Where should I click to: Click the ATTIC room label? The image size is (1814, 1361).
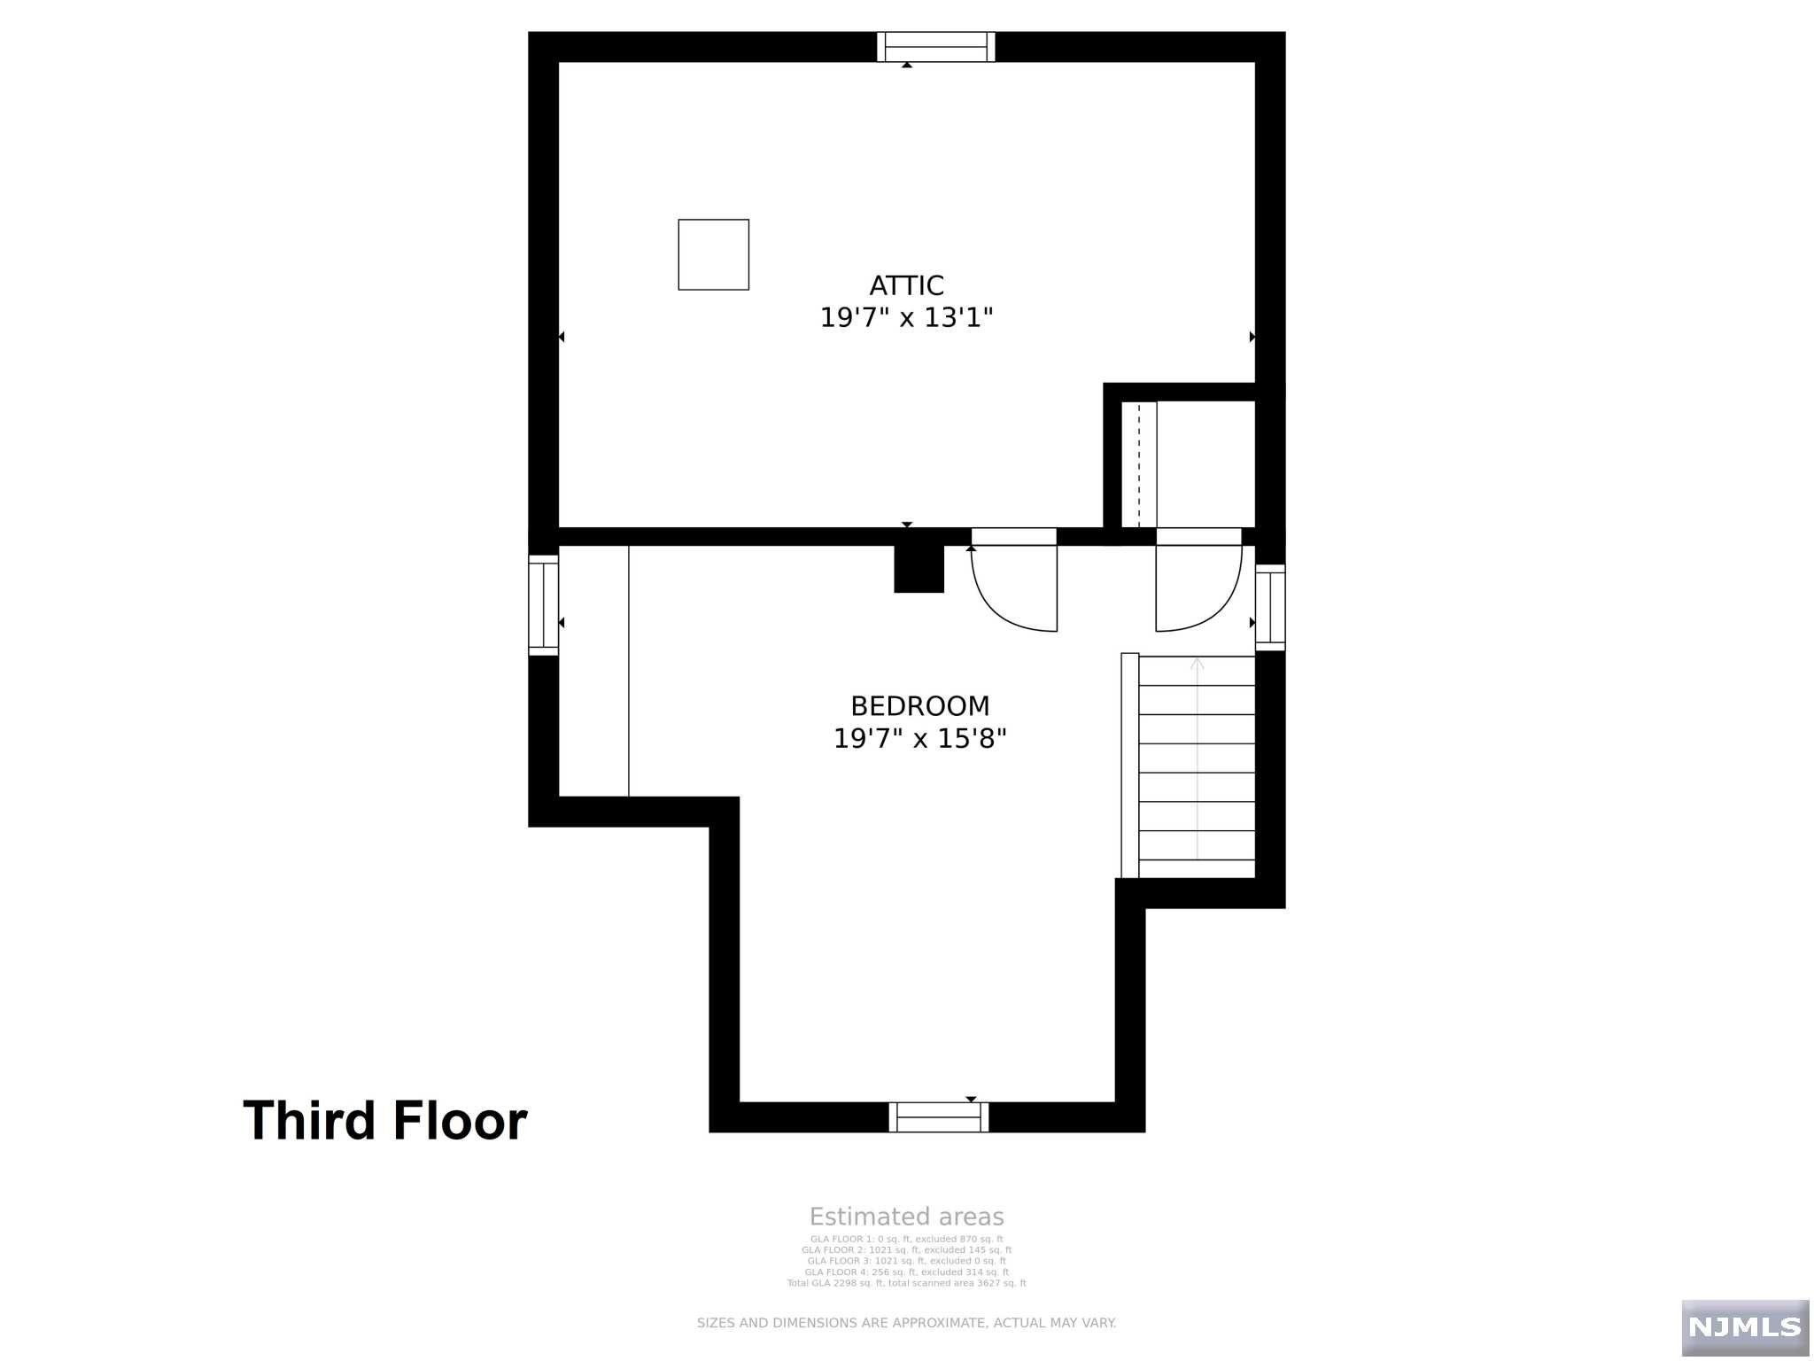tap(906, 285)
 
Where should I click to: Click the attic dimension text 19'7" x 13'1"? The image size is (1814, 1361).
tap(906, 317)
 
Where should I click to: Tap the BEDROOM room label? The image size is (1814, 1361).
tap(919, 705)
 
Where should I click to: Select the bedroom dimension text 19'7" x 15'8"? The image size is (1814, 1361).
tap(919, 738)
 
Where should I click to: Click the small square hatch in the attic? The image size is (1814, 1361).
tap(713, 254)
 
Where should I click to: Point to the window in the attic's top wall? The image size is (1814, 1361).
tap(935, 46)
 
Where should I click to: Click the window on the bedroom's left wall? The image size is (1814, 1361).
tap(543, 605)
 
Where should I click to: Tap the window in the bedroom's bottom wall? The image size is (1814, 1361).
tap(939, 1117)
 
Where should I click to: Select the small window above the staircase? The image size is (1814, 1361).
tap(1269, 607)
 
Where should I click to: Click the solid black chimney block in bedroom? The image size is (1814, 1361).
tap(919, 569)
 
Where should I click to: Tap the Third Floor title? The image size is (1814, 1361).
tap(384, 1120)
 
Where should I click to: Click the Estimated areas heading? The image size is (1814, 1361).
tap(906, 1217)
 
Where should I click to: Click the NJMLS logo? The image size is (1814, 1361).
tap(1744, 1326)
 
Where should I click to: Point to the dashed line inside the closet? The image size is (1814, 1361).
tap(1139, 464)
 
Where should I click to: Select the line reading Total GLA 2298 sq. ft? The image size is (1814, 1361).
tap(906, 1283)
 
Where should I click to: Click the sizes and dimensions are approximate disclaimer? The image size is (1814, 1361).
tap(906, 1323)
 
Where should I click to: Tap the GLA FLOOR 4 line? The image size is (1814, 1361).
tap(906, 1272)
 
